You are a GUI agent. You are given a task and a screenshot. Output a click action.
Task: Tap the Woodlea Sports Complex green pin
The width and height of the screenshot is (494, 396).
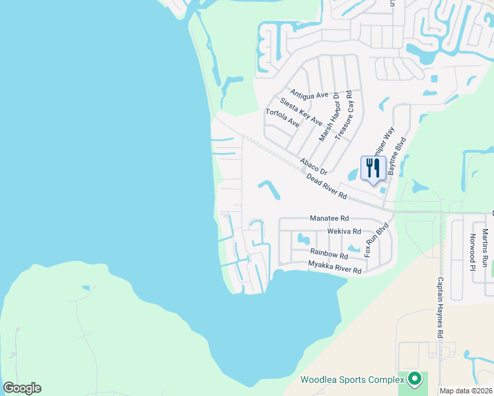tap(415, 379)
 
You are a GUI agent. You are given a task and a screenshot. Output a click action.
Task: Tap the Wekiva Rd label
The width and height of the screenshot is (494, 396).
tap(344, 232)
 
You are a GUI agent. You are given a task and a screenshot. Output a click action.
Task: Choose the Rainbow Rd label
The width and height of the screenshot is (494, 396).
tap(329, 254)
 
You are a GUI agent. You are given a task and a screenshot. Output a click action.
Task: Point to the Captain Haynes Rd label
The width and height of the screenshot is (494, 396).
tap(440, 308)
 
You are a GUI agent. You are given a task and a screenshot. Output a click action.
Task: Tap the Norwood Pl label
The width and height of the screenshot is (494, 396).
tap(472, 253)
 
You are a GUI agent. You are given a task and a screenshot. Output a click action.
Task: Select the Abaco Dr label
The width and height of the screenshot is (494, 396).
tap(313, 166)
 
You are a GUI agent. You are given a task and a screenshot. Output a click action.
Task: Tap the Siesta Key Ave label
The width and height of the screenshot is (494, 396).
tap(301, 112)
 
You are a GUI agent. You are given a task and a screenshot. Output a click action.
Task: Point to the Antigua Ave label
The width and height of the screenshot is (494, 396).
tap(308, 95)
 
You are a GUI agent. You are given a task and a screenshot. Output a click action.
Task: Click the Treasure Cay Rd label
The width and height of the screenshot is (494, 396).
tap(348, 116)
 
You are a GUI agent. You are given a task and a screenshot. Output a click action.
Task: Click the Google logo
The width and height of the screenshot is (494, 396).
tap(22, 388)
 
